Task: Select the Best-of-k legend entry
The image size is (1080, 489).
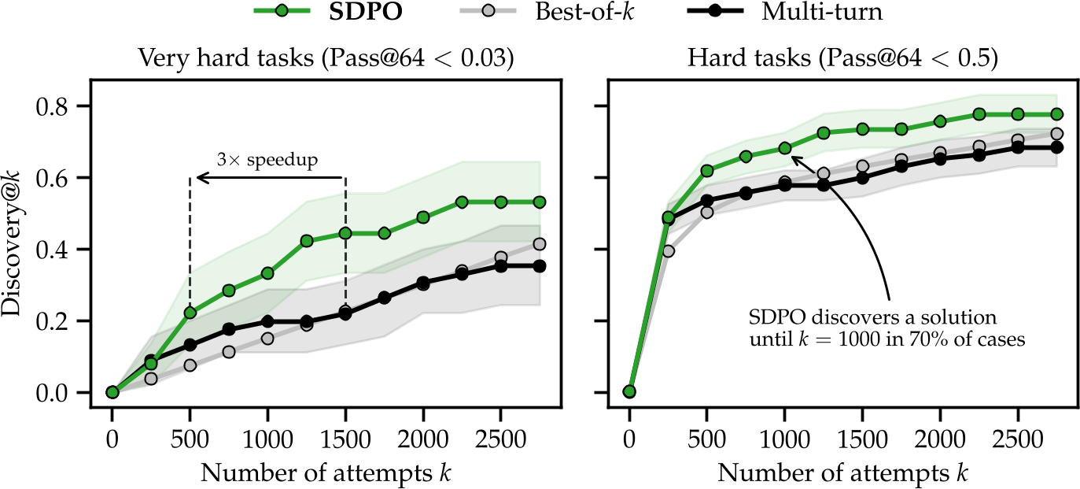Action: tap(563, 13)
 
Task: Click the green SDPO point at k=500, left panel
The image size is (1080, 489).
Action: tap(190, 313)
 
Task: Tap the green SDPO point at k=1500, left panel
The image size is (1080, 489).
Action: tap(345, 233)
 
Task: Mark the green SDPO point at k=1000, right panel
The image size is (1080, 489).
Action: tap(784, 148)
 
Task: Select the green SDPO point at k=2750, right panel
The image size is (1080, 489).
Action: tap(1056, 114)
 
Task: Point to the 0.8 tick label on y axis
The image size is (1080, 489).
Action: tap(64, 106)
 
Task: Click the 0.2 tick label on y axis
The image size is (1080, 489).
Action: tap(64, 321)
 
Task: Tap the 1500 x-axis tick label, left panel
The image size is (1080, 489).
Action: tap(345, 434)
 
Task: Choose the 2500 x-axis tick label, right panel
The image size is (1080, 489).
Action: tap(1018, 434)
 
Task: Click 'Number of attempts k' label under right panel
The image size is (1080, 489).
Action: tap(842, 472)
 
